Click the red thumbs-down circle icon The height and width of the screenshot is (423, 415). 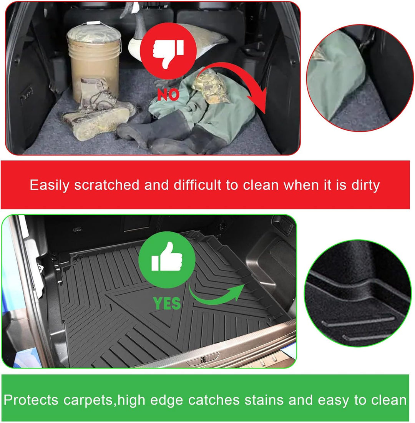point(168,51)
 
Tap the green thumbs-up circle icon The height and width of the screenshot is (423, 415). point(167,259)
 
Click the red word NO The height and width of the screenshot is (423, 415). point(168,95)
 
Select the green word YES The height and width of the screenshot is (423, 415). point(167,303)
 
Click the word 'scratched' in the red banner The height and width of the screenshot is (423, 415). point(106,185)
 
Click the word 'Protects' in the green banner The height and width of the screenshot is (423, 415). point(31,400)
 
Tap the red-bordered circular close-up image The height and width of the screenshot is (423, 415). point(360,78)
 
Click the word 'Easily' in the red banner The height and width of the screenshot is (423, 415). point(50,186)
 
